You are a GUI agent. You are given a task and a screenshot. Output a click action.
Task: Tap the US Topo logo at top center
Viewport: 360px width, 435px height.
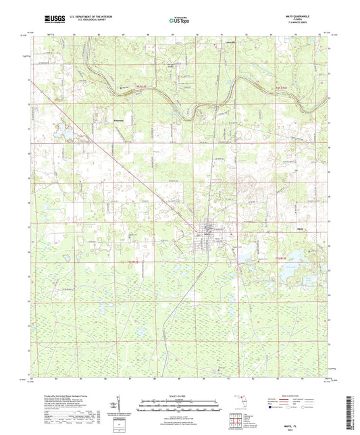pos(180,20)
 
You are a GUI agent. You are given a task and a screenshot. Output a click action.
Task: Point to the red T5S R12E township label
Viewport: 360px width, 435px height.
pos(282,259)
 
